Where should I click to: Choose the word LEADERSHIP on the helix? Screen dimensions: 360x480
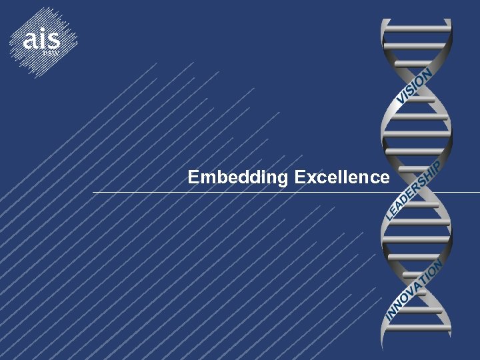tap(414, 189)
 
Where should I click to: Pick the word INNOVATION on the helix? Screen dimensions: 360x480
tap(414, 292)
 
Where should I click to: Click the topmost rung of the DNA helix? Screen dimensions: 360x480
tap(417, 28)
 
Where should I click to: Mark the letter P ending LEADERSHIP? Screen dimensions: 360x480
tap(437, 165)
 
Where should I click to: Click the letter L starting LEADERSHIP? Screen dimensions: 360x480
tap(390, 215)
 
